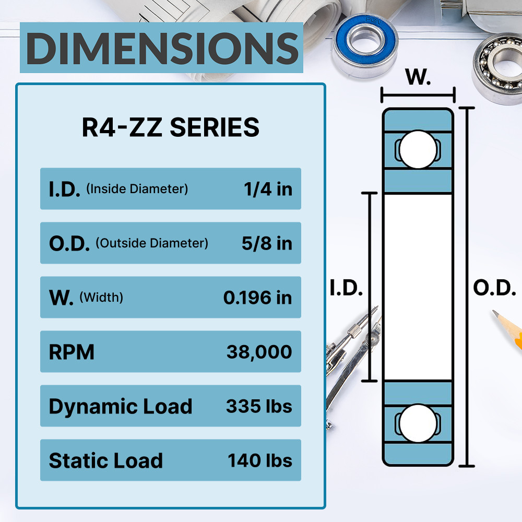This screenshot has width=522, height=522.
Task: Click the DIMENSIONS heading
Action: pos(162,48)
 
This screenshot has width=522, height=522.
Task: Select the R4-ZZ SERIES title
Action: pos(171,127)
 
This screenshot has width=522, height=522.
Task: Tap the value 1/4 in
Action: pos(268,189)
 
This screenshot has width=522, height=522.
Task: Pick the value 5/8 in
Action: pos(267,243)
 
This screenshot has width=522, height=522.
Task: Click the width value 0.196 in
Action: pos(258,298)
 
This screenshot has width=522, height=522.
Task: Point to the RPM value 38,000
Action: pos(259,352)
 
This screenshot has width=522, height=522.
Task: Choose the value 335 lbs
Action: pos(259,406)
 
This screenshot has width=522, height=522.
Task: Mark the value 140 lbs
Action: pos(260,461)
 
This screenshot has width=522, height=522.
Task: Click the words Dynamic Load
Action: pos(121,407)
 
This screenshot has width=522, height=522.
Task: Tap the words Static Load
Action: pos(106,461)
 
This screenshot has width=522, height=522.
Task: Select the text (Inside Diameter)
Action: pos(137,189)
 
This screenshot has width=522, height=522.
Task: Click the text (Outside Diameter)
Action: pos(152,243)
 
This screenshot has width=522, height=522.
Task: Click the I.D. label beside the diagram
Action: pos(346,288)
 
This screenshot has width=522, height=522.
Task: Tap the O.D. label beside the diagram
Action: pos(495,288)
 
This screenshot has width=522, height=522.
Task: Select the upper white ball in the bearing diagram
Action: pos(418,149)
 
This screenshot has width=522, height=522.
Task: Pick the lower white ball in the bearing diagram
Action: pos(418,423)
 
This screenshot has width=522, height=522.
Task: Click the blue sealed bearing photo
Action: pos(365,45)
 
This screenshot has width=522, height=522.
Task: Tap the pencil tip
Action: pos(494,312)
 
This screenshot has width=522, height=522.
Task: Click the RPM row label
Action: pos(72,352)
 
